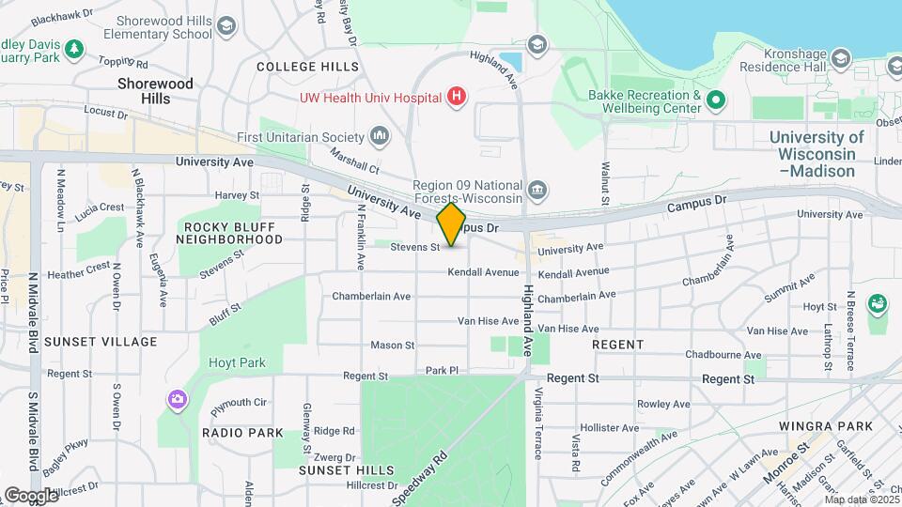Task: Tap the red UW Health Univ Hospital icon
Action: (457, 97)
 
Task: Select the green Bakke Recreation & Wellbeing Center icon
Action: (715, 100)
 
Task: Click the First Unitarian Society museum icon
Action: (381, 137)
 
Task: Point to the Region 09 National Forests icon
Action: (537, 191)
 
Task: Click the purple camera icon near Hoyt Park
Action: (178, 401)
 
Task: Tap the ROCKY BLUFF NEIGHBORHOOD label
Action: (233, 233)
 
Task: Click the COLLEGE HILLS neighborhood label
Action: (307, 67)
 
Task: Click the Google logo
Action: (30, 495)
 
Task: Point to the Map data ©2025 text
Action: (862, 499)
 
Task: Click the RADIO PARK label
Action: (242, 433)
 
